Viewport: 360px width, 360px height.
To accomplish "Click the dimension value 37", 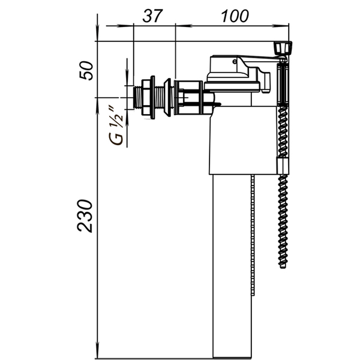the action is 152,16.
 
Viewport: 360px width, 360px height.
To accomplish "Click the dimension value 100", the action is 235,16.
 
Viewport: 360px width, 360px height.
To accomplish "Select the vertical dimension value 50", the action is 86,70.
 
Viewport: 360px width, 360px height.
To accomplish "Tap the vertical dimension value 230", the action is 85,216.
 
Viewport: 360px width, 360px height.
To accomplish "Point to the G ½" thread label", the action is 116,125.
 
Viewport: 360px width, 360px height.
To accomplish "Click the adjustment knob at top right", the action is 283,48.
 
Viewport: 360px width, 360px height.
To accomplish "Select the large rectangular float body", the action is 243,140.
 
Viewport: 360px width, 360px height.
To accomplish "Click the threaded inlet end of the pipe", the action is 137,98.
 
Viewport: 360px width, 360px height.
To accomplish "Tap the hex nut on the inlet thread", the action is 146,97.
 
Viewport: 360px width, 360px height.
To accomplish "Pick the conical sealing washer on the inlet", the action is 167,97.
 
